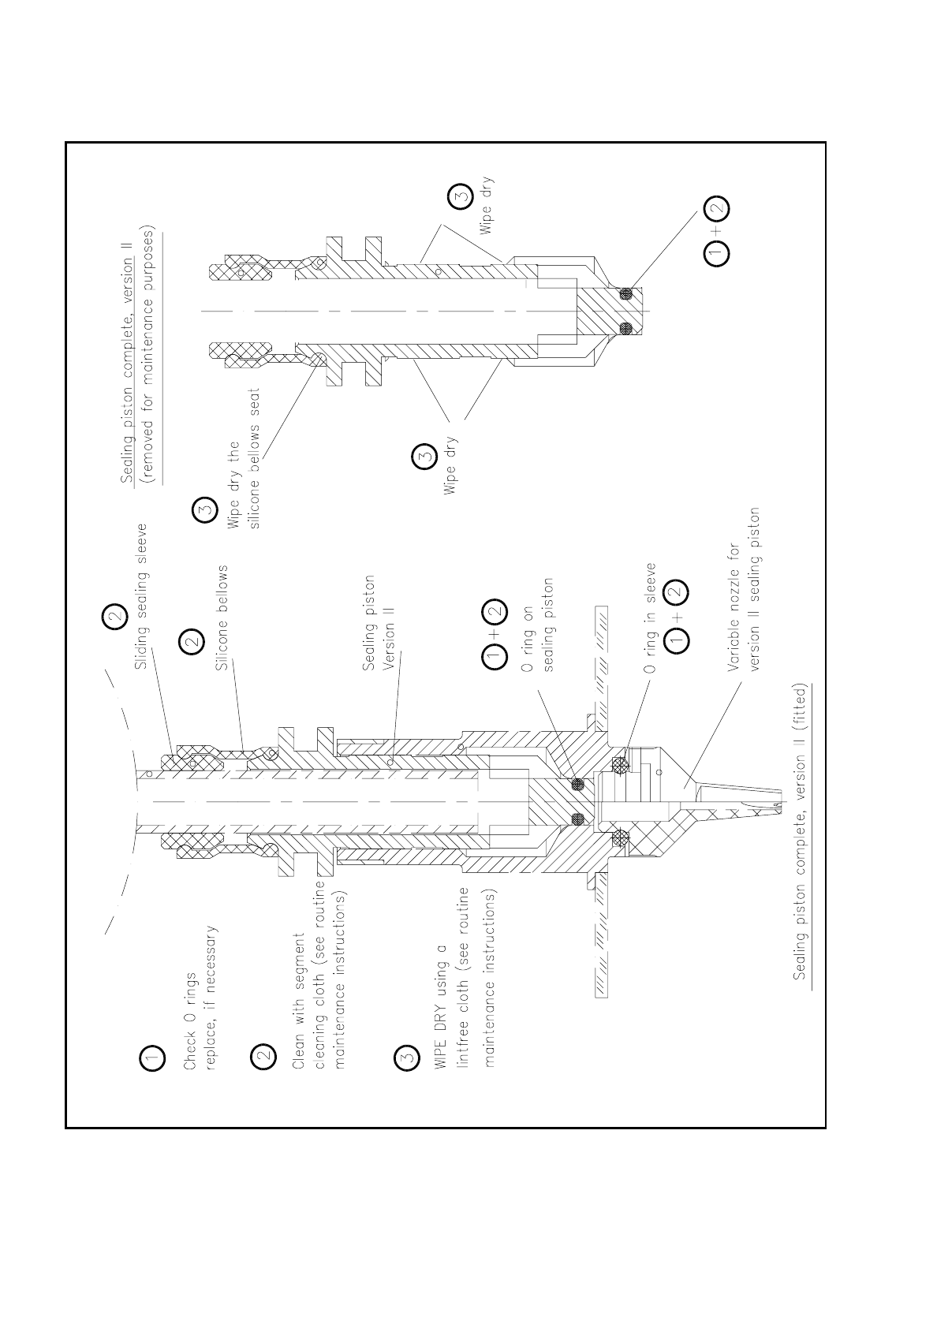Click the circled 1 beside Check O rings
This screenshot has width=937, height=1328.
(153, 1058)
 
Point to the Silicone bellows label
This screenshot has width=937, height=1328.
(222, 617)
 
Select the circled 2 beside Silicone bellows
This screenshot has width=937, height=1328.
(192, 643)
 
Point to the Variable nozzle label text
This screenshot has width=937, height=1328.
(743, 589)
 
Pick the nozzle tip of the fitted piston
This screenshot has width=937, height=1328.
(777, 805)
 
